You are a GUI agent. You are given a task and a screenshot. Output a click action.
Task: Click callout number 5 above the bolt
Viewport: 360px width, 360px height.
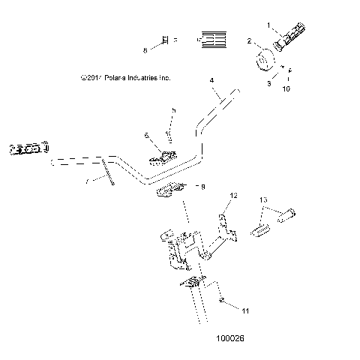173,110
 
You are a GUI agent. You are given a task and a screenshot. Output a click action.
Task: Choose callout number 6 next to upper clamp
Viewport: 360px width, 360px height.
146,135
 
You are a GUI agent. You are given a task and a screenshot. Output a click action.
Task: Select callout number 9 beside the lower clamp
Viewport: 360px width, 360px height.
200,187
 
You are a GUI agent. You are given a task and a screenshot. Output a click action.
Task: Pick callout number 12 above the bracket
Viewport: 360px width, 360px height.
233,195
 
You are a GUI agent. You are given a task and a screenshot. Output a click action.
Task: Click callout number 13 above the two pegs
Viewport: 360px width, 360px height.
263,200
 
